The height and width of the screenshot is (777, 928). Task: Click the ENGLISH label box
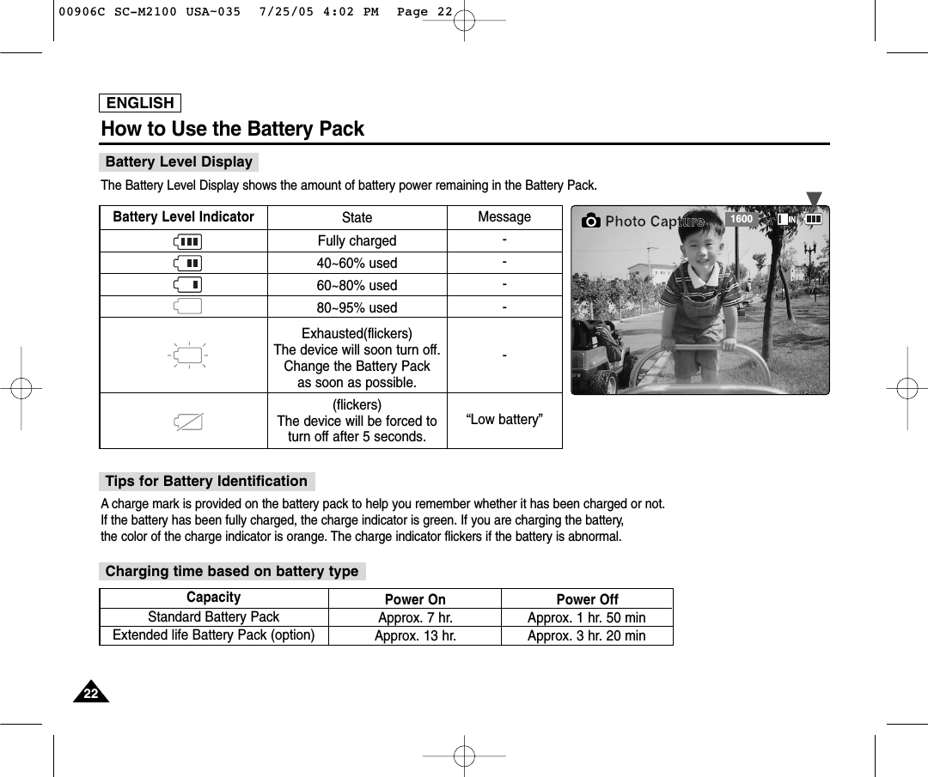pos(140,103)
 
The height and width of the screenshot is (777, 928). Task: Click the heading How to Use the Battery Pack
pos(233,130)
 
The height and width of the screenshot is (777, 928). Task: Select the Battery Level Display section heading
pos(179,161)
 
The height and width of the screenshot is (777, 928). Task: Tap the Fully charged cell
pos(357,241)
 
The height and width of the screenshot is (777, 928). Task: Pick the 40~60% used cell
pos(357,264)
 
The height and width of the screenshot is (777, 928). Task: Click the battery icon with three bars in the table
pos(186,241)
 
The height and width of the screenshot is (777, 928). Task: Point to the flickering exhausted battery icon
pos(187,355)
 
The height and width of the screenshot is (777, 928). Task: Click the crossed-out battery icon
pos(186,421)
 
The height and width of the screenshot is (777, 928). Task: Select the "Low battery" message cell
pos(504,420)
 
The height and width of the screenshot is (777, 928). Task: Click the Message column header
pos(504,217)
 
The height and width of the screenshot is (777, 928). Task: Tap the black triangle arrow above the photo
pos(814,199)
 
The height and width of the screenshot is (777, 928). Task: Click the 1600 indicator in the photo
pos(741,220)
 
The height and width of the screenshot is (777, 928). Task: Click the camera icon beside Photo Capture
pos(591,222)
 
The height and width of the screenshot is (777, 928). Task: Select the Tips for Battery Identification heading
pos(206,481)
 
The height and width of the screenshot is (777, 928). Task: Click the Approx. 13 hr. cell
pos(415,636)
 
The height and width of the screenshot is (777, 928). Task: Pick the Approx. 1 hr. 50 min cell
pos(586,618)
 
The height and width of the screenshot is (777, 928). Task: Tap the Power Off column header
pos(587,599)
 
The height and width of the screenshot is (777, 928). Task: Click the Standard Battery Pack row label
pos(213,617)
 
